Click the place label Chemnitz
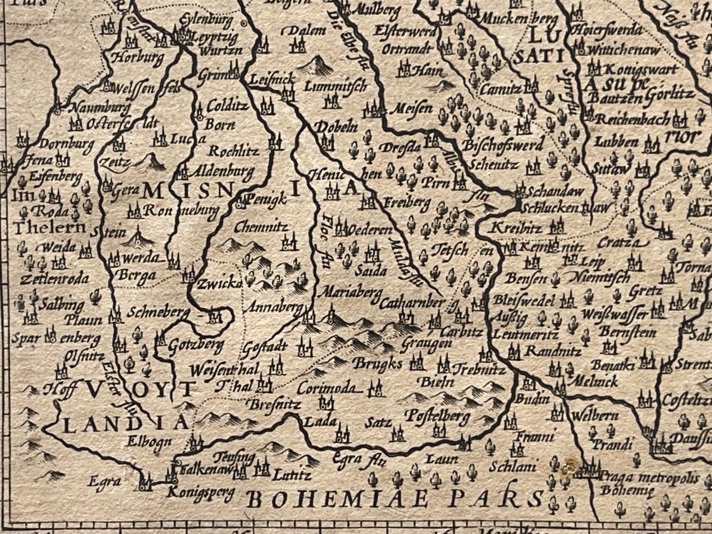[260, 227]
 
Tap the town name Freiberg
[407, 203]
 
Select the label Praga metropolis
[649, 478]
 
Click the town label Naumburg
[100, 108]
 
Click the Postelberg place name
[438, 417]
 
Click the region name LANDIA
[126, 422]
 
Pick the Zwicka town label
[220, 282]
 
